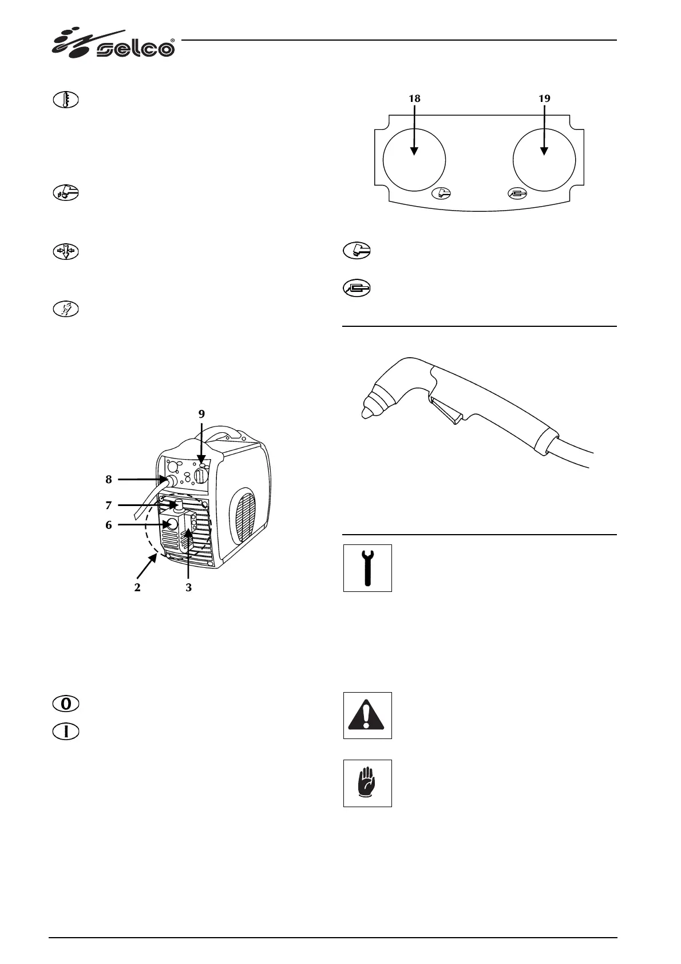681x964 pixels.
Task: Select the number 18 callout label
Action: [414, 98]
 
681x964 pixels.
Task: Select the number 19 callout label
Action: [544, 98]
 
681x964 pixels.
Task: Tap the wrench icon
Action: [367, 568]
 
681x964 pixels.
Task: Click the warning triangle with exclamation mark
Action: [367, 716]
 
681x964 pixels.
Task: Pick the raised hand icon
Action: [367, 783]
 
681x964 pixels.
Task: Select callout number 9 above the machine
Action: [201, 413]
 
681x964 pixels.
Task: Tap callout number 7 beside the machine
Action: [108, 505]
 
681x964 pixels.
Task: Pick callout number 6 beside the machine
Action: [108, 524]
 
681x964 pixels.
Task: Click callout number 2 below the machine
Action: [137, 588]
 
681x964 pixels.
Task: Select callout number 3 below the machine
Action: [188, 588]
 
